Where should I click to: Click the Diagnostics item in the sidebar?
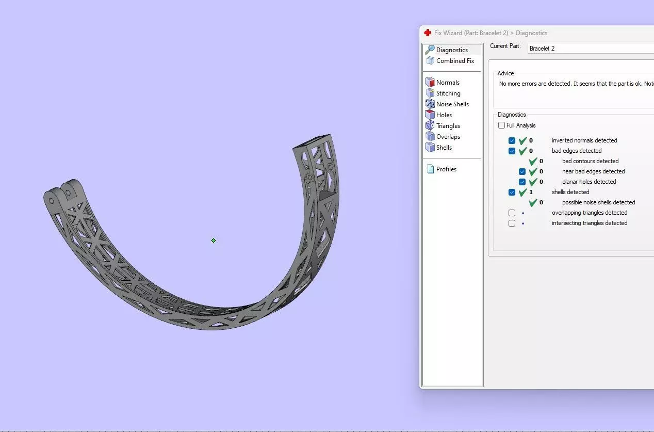451,50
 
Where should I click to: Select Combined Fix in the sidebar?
454,61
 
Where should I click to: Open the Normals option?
447,83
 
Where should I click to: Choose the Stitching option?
448,93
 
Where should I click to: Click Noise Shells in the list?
452,104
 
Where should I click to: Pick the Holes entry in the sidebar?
444,115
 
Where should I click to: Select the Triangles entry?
448,126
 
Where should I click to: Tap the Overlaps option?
448,137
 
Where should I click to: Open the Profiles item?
446,169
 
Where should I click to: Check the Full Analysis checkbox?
501,125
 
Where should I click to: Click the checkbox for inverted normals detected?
512,140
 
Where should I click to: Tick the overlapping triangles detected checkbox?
512,213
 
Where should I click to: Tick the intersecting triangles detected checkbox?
512,223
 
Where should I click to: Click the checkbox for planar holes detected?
522,182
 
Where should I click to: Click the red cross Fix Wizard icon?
428,33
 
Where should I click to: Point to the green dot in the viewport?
214,241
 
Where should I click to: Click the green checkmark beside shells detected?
522,192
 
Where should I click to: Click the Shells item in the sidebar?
444,148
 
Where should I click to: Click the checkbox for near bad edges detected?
522,171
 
